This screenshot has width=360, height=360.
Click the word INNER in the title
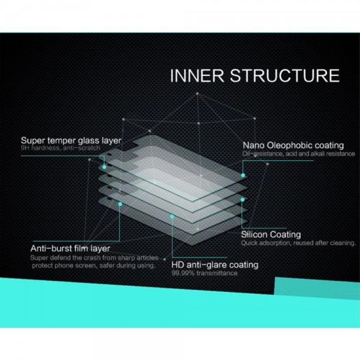pos(197,75)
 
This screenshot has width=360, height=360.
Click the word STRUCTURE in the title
pos(285,75)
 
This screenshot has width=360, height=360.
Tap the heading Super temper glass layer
pos(71,141)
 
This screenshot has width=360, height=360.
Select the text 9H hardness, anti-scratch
pos(61,148)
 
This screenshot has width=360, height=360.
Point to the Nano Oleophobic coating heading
pos(293,145)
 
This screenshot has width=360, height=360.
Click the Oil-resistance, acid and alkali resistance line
pos(299,154)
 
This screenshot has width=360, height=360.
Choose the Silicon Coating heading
pos(271,235)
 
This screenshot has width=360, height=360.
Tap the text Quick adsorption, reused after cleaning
pos(298,243)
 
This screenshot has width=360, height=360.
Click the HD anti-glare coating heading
pos(215,265)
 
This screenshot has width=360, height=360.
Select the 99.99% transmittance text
pos(205,273)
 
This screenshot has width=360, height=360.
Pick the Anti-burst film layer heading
pos(70,248)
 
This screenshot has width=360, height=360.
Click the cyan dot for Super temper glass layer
pos(104,167)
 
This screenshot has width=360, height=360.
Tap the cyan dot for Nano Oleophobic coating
pos(243,176)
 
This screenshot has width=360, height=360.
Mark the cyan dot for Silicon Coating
pos(242,200)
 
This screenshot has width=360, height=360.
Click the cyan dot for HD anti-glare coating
pos(172,217)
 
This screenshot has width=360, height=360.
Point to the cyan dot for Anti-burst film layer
pos(120,204)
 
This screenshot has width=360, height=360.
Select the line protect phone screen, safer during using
pos(94,266)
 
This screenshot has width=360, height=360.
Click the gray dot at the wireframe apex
pos(197,93)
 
